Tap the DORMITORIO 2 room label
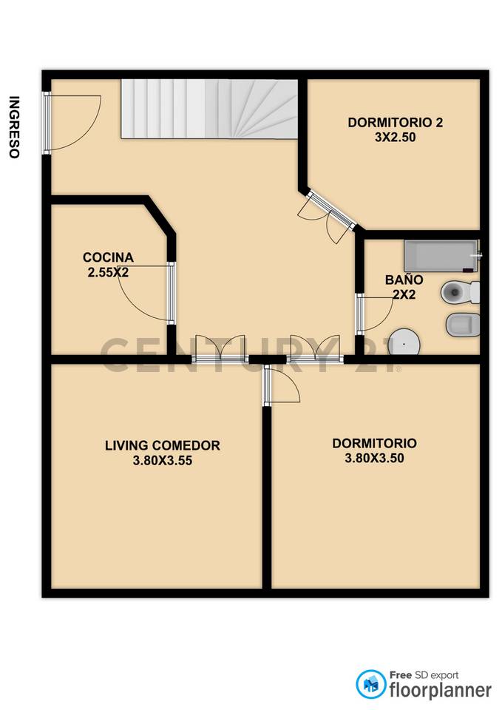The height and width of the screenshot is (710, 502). tap(396, 124)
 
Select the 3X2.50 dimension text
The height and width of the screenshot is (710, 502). tap(396, 137)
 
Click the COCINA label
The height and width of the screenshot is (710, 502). tap(108, 257)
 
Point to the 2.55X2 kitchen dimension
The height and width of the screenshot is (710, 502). tap(108, 271)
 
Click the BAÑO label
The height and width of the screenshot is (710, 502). tap(404, 280)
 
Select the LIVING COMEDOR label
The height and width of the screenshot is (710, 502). tap(163, 445)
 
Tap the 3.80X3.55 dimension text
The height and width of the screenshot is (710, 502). tap(163, 459)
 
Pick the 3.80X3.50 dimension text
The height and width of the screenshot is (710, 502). tap(374, 458)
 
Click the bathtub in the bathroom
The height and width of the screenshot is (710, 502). tap(441, 256)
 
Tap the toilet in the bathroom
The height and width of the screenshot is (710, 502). tap(459, 293)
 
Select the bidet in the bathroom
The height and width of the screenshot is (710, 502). tap(463, 323)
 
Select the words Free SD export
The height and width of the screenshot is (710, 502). tap(424, 674)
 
